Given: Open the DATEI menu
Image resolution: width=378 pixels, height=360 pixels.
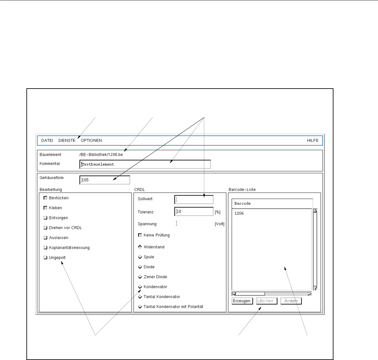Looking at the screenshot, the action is click(x=47, y=140).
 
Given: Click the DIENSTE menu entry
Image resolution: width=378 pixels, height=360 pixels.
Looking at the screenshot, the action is click(x=67, y=140).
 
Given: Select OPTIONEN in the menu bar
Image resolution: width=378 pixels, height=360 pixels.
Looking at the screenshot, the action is click(x=91, y=140).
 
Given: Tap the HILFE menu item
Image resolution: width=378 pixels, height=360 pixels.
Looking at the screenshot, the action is click(x=312, y=140).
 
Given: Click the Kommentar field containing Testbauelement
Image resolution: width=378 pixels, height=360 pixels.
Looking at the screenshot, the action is click(x=145, y=164).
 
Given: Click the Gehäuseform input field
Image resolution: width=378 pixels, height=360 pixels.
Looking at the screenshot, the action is click(x=105, y=180).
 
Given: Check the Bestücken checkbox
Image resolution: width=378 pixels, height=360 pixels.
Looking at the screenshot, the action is click(x=45, y=198).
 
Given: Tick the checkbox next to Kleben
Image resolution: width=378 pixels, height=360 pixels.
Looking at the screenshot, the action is click(x=45, y=208).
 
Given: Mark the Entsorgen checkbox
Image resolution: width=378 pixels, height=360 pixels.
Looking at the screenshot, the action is click(x=45, y=218).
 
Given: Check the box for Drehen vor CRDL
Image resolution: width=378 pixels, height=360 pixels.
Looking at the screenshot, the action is click(x=45, y=228).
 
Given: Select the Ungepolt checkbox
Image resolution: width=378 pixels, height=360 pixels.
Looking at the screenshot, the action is click(x=45, y=258).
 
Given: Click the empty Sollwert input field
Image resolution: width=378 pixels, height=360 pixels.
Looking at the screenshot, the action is click(x=194, y=200).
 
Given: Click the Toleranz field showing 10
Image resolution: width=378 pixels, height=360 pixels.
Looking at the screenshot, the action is click(x=194, y=212).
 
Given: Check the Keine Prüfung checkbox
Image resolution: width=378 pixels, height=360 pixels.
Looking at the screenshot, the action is click(x=140, y=235).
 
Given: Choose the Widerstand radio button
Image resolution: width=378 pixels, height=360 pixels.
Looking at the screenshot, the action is click(x=140, y=247).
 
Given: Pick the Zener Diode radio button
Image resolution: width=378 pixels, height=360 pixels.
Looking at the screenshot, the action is click(x=140, y=277).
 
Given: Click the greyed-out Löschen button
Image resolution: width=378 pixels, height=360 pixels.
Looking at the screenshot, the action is click(x=267, y=301).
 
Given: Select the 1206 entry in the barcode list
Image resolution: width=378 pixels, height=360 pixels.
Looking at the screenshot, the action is click(x=239, y=213).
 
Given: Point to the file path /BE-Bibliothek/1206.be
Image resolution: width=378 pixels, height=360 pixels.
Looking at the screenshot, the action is click(x=101, y=155).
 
